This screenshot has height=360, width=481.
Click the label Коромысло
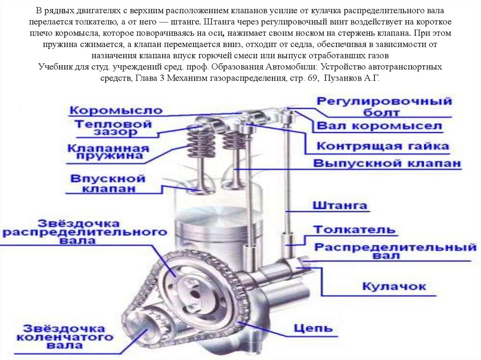point(116,111)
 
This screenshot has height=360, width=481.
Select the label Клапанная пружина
point(108,152)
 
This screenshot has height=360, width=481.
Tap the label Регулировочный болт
point(384,107)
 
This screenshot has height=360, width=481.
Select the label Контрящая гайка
point(382,146)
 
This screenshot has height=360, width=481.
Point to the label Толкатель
point(355,230)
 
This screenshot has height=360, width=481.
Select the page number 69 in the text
point(307,78)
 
